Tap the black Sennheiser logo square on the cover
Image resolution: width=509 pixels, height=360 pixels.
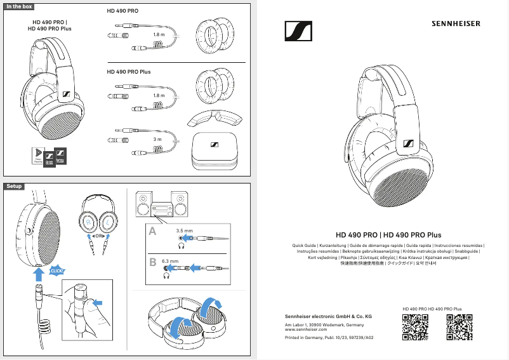[x=298, y=31]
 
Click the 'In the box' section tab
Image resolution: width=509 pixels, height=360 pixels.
[x=19, y=6]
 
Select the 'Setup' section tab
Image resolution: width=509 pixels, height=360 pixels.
[x=14, y=186]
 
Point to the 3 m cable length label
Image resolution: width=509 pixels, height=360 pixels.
[x=158, y=139]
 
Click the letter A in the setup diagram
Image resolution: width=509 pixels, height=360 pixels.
[x=152, y=233]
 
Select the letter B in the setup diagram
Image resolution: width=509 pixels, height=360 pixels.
[x=152, y=262]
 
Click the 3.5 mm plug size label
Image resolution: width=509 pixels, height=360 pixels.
[x=184, y=230]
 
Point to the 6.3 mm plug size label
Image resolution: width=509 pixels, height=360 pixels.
[x=170, y=261]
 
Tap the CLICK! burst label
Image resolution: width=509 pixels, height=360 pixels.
[x=58, y=270]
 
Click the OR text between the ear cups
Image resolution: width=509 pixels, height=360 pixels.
[x=98, y=236]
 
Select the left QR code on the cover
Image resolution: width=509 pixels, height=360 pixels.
[x=415, y=327]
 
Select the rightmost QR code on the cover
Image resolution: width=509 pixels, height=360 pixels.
[x=459, y=327]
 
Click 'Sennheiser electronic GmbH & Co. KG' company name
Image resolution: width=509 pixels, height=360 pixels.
[x=327, y=316]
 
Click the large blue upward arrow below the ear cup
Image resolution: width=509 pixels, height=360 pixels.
[x=39, y=273]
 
